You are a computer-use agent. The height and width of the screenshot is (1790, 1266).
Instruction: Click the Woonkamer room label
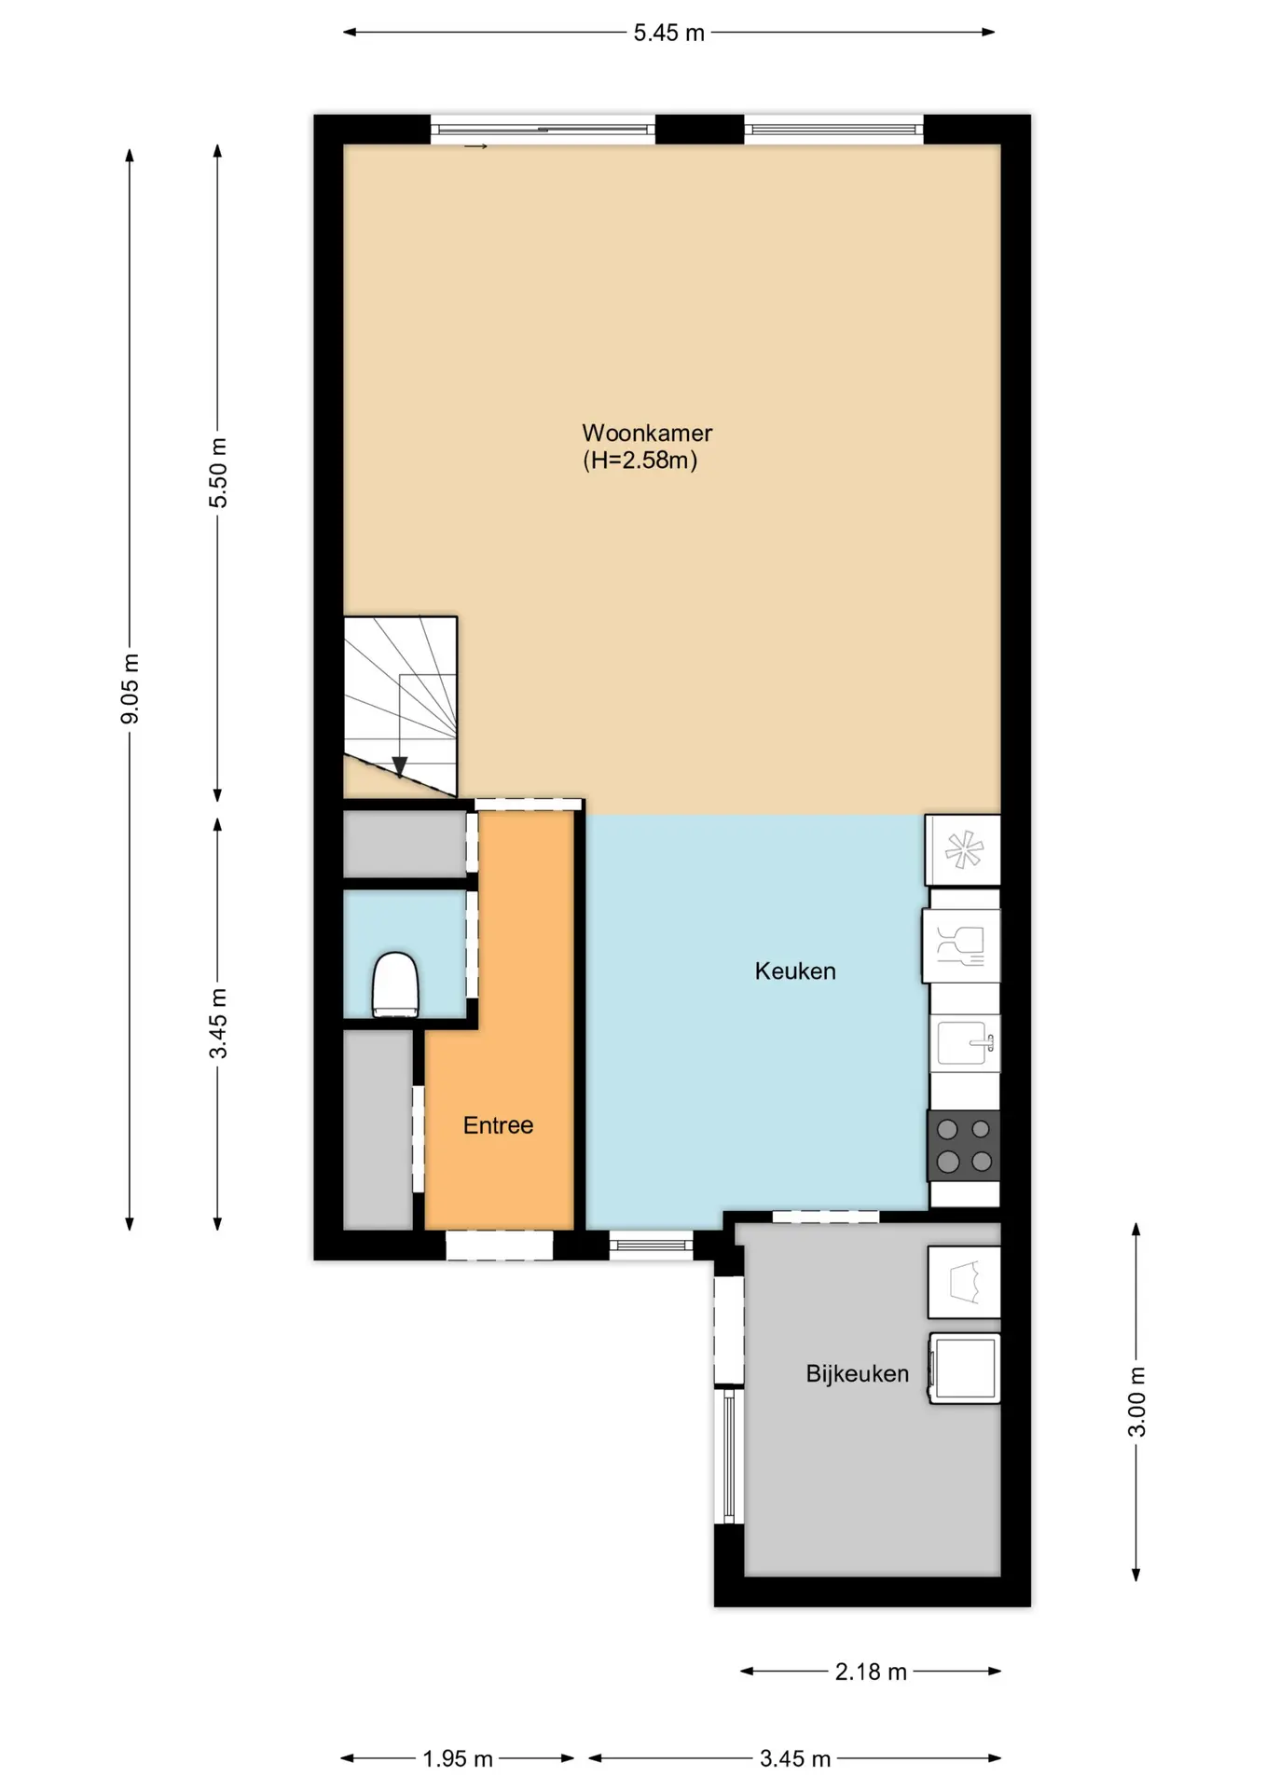coord(647,434)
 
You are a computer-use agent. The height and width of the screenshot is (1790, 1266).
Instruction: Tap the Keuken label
coord(795,971)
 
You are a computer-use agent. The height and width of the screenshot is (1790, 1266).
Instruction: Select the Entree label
coord(498,1125)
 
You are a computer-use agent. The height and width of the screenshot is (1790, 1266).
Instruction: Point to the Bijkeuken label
coord(857,1374)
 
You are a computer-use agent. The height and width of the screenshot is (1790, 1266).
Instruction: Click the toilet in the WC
coord(395,984)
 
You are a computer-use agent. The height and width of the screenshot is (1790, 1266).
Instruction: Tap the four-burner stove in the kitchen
coord(964,1146)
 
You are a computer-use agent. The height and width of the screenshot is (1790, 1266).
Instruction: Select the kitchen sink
coord(965,1042)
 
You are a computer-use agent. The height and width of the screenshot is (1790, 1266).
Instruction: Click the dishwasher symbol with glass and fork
coord(961,945)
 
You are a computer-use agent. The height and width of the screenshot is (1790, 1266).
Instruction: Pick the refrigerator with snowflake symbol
coord(963,850)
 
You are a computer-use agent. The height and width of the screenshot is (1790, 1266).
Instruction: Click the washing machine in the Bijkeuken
coord(964,1369)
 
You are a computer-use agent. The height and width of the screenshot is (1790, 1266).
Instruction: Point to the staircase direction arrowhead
coord(400,767)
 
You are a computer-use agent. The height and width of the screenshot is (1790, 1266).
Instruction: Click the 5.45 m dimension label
coord(668,33)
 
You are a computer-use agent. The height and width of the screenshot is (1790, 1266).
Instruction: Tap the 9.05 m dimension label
coord(130,688)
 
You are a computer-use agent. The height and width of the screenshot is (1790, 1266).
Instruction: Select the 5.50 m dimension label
coord(217,473)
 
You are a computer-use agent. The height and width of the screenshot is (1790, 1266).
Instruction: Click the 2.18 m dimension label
coord(871,1672)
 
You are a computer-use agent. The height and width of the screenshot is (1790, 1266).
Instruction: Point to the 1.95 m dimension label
coord(457,1758)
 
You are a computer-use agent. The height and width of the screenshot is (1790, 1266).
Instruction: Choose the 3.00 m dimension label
coord(1136,1401)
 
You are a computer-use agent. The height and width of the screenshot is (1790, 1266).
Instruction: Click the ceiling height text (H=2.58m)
coord(640,460)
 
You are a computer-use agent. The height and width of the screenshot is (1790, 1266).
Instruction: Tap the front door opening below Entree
coord(499,1246)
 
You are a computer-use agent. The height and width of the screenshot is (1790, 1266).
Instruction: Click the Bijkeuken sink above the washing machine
coord(964,1282)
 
